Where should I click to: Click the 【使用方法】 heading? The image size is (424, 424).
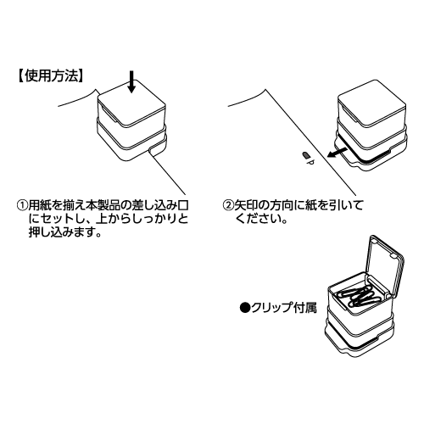point(51,76)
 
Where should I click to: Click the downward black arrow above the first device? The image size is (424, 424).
point(131,81)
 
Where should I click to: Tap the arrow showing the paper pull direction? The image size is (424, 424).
point(337,153)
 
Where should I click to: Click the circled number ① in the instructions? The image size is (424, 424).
point(23,205)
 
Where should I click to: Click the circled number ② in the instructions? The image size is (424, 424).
point(228,205)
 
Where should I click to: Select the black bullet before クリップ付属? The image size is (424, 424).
point(244,308)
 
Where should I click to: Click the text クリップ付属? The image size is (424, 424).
point(284,308)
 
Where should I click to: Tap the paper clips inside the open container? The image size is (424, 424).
point(360,298)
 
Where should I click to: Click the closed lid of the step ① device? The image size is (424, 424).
point(131,103)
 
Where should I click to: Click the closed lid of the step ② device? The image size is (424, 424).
point(372,103)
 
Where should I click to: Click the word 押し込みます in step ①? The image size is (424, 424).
point(65,232)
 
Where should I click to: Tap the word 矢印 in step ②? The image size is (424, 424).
point(246,205)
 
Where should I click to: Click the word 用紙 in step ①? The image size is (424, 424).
point(40,205)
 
